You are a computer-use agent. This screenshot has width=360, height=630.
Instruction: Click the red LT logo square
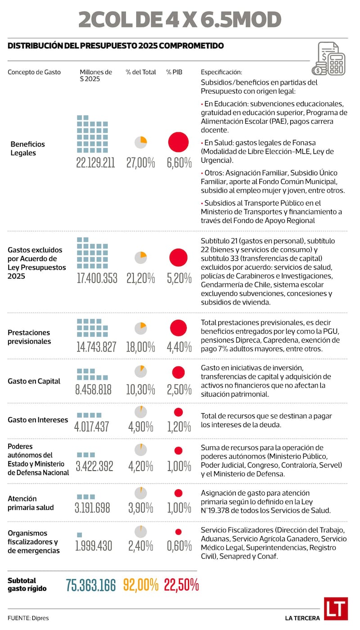point(336,608)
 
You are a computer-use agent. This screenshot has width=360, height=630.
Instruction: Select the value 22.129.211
point(95,163)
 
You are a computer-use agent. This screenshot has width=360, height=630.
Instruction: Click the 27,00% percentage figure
point(140,163)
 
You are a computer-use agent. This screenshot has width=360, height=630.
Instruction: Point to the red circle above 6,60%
point(178,142)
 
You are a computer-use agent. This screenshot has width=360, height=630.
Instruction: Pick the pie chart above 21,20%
point(141,257)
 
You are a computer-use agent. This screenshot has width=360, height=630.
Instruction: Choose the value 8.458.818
point(93,389)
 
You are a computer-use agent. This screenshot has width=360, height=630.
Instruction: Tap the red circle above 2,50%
point(178,372)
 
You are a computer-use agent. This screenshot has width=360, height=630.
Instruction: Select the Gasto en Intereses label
point(38,420)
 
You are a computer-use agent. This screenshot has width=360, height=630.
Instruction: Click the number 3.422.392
point(94,466)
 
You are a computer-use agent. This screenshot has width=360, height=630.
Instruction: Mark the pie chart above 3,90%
point(141,493)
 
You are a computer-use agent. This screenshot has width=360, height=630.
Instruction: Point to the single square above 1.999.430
point(80,535)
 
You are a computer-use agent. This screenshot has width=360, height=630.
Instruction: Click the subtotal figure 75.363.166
point(90,585)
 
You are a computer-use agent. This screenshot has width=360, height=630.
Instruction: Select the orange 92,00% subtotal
point(140,585)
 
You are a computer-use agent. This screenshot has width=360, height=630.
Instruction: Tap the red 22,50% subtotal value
point(181,585)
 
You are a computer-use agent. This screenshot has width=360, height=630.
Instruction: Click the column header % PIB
point(174,72)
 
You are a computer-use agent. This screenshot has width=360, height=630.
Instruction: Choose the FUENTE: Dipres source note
point(28,618)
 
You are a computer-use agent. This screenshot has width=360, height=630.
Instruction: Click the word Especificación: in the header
point(221,72)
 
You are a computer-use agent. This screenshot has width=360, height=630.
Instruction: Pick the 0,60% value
point(179,546)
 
